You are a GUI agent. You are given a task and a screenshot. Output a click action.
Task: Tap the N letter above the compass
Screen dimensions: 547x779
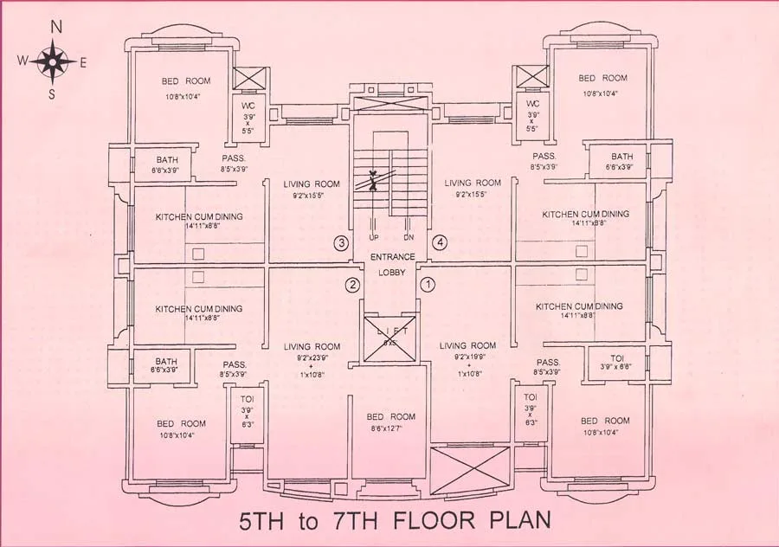click(55, 27)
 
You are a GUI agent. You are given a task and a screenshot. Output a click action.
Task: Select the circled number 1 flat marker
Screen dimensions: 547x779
click(427, 283)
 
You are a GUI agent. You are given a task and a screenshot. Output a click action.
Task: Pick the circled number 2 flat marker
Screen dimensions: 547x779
click(352, 285)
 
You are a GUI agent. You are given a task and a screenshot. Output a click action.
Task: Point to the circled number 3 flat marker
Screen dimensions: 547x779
click(343, 243)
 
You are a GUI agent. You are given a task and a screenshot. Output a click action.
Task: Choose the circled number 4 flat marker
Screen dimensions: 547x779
click(440, 242)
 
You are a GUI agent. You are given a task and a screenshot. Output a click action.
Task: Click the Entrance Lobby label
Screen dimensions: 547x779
click(392, 264)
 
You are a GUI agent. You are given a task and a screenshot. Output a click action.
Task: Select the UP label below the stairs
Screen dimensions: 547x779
click(374, 236)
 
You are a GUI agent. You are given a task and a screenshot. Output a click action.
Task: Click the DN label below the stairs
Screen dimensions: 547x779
click(409, 236)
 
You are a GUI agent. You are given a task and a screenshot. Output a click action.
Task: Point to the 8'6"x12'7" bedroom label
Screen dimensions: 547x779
click(390, 422)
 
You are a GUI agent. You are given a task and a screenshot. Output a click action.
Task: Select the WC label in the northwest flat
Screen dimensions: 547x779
click(247, 105)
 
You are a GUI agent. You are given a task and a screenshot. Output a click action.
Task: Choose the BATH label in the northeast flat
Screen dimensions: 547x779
click(622, 157)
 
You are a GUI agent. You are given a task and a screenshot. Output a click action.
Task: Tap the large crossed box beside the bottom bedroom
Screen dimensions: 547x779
click(469, 471)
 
